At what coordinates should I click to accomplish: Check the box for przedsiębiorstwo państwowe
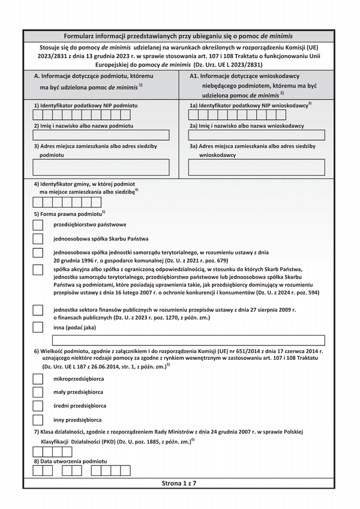coord(38,225)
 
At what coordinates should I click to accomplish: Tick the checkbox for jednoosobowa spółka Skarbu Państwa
coord(38,238)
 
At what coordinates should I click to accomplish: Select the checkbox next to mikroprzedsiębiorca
coord(38,379)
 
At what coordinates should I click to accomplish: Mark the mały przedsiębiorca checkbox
coord(38,392)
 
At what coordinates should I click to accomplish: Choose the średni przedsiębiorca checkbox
coord(38,406)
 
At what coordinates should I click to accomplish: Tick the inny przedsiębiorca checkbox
coord(38,420)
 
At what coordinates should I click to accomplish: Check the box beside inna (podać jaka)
coord(38,327)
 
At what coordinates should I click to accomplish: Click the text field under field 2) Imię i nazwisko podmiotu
coord(101,135)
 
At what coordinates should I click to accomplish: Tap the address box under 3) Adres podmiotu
coord(101,167)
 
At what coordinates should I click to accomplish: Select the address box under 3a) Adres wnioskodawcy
coord(257,167)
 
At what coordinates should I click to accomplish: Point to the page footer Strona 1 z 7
coord(179,483)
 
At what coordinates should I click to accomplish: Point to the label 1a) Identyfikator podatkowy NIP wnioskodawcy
coord(250,105)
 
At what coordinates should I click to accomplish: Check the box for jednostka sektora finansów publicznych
coord(38,311)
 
